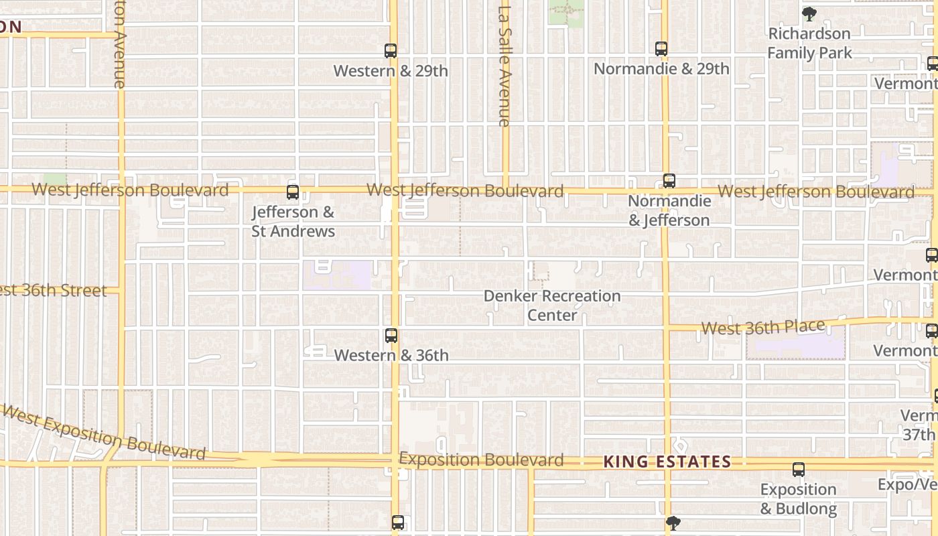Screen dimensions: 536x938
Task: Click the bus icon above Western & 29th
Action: pyautogui.click(x=391, y=51)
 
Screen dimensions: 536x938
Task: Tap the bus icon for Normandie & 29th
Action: pyautogui.click(x=661, y=49)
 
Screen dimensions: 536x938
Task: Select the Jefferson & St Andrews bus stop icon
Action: pyautogui.click(x=293, y=192)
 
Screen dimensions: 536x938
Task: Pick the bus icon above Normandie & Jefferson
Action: pyautogui.click(x=669, y=181)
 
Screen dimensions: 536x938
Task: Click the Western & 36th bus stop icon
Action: pyautogui.click(x=391, y=336)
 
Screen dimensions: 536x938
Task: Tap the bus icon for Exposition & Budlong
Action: pyautogui.click(x=798, y=470)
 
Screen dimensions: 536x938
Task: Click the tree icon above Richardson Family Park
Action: pyautogui.click(x=809, y=14)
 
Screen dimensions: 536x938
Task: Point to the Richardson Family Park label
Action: pyautogui.click(x=809, y=43)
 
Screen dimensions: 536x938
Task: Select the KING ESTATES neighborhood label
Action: pyautogui.click(x=667, y=462)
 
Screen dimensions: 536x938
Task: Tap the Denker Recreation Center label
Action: pyautogui.click(x=552, y=306)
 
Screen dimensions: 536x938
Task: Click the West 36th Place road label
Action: pyautogui.click(x=762, y=328)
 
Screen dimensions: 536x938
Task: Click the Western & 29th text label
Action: pyautogui.click(x=391, y=71)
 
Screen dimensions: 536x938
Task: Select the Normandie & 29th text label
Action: pyautogui.click(x=661, y=69)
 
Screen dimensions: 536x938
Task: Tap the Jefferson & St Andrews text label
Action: pyautogui.click(x=293, y=222)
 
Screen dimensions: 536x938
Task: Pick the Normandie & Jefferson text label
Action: pyautogui.click(x=669, y=210)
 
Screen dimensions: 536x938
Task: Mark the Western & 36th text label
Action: pyautogui.click(x=391, y=355)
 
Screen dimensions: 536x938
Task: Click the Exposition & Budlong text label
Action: pyautogui.click(x=798, y=499)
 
